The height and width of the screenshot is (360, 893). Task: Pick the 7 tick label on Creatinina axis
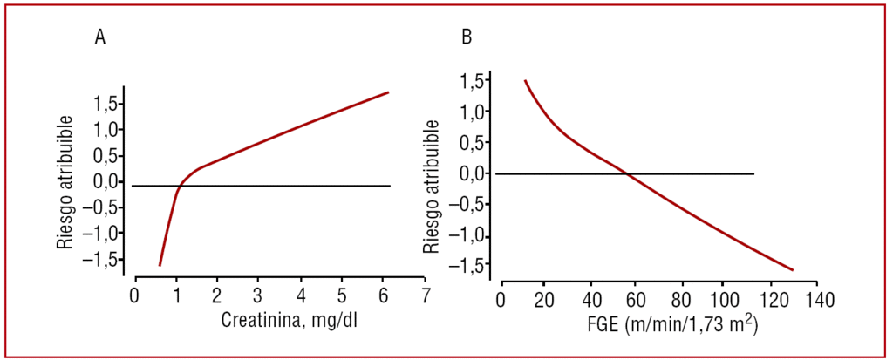pos(425,295)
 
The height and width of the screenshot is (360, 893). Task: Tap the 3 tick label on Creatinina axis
pos(259,295)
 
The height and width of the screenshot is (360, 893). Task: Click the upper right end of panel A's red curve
pos(387,92)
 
